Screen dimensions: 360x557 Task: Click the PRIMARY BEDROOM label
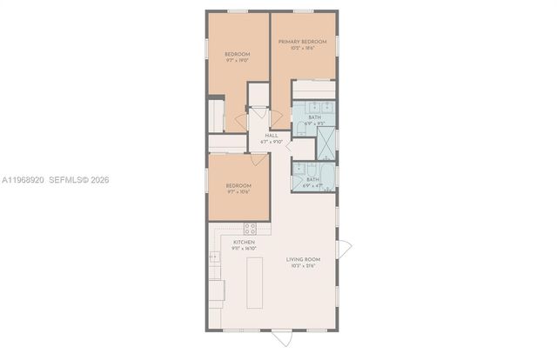(302, 42)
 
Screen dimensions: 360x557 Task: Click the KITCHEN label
(244, 242)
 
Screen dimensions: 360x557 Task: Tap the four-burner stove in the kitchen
(250, 229)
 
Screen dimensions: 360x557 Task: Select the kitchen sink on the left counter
(213, 257)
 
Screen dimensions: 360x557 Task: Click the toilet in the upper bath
(299, 130)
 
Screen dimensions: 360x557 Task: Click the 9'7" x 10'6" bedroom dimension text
(238, 192)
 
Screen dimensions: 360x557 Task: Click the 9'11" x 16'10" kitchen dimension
(244, 249)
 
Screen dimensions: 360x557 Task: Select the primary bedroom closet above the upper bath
(312, 90)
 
